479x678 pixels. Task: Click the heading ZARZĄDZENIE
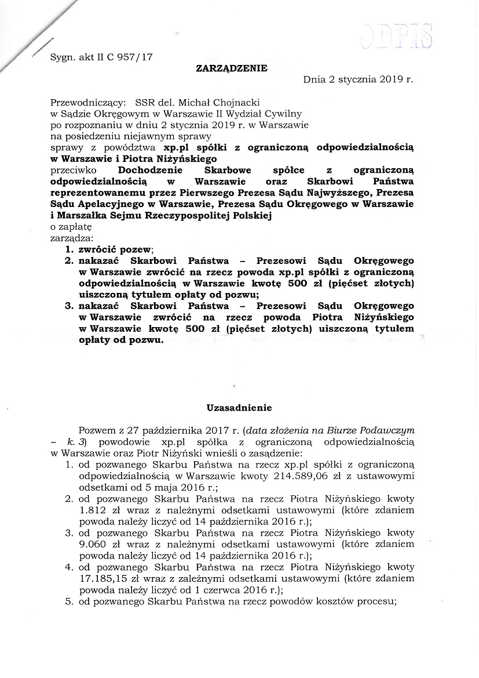click(232, 68)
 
